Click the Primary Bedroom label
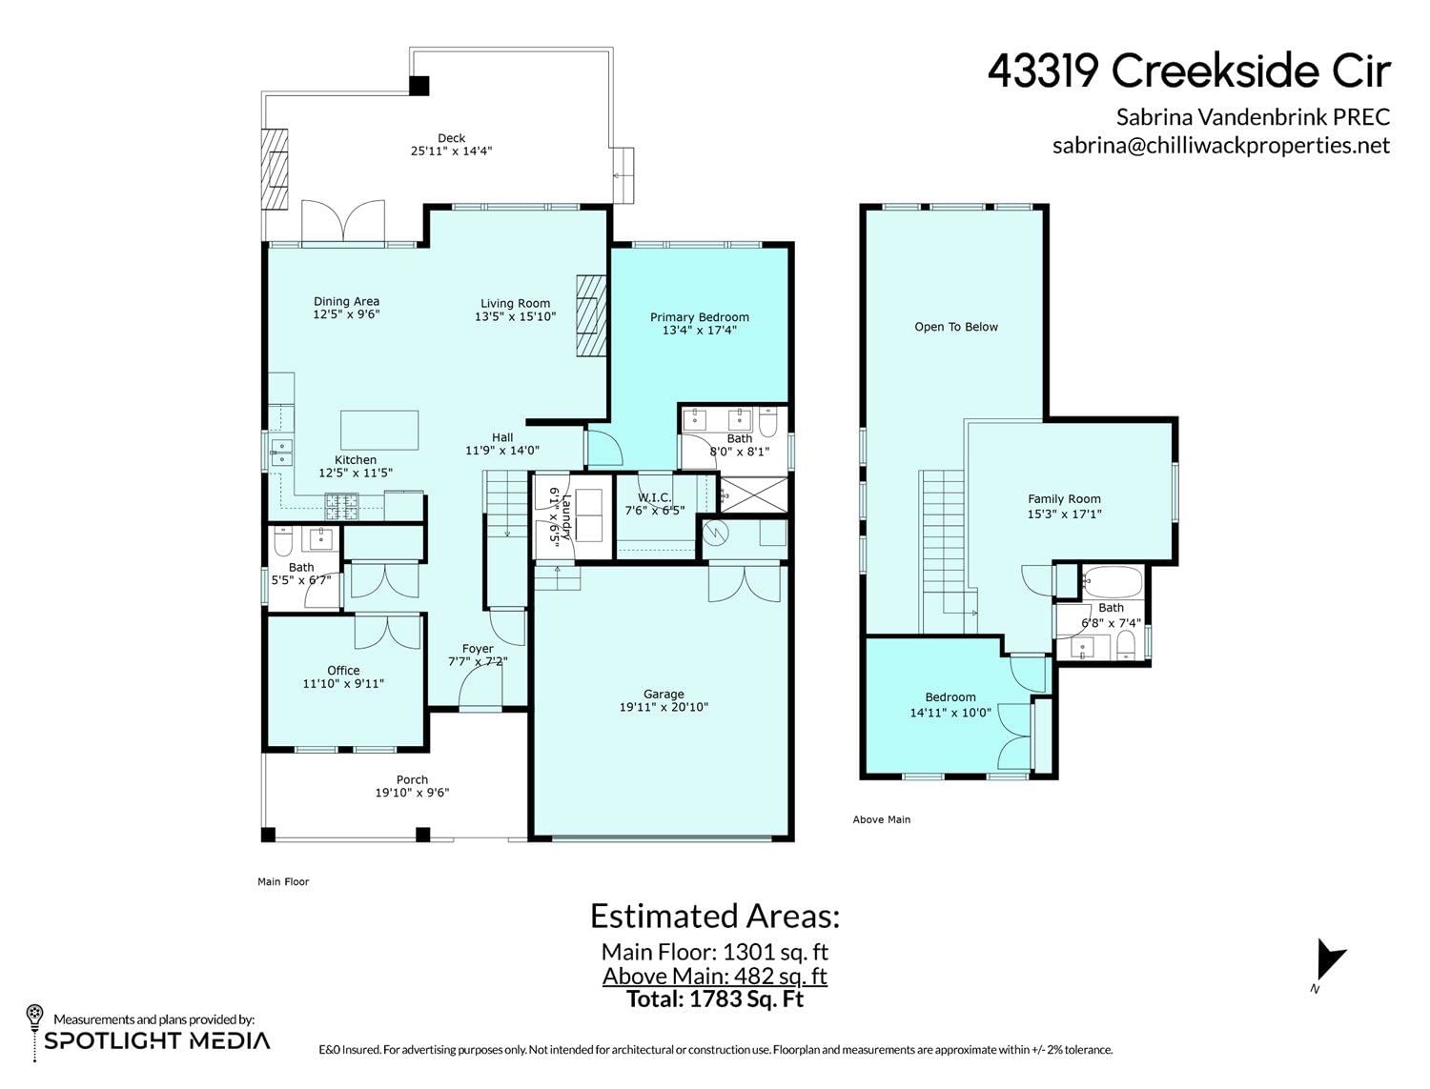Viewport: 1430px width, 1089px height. click(699, 317)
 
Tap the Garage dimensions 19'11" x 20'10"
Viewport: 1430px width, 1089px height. click(664, 707)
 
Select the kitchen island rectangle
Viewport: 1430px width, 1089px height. click(379, 430)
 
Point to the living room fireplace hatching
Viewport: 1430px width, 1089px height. click(591, 315)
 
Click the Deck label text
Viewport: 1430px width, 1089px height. click(452, 138)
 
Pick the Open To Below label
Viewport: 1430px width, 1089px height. click(956, 327)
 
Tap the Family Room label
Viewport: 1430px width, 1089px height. click(1064, 499)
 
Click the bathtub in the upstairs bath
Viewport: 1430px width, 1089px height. click(1113, 582)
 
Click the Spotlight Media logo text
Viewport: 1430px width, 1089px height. click(156, 1040)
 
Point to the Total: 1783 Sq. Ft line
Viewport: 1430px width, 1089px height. click(715, 998)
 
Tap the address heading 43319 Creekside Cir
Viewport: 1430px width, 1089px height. click(1189, 71)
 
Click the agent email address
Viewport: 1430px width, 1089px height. click(1221, 145)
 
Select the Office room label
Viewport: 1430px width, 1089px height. click(343, 671)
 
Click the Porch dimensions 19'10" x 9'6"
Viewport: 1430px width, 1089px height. click(412, 793)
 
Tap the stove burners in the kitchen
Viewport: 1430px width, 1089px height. click(341, 507)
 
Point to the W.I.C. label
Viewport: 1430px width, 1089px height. click(654, 497)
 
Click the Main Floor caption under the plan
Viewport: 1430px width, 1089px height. click(283, 881)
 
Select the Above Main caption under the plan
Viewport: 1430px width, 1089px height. click(882, 819)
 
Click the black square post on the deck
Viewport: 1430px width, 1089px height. click(419, 85)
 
